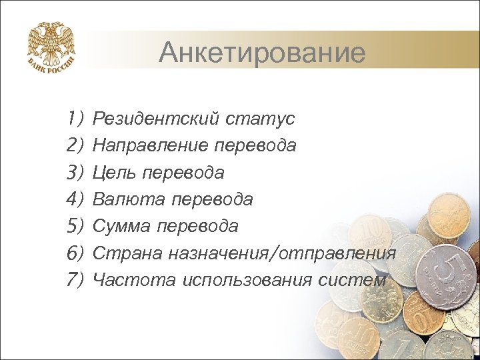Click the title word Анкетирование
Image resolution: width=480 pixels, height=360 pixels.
[x=262, y=52]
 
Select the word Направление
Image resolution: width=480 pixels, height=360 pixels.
[x=151, y=146]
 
